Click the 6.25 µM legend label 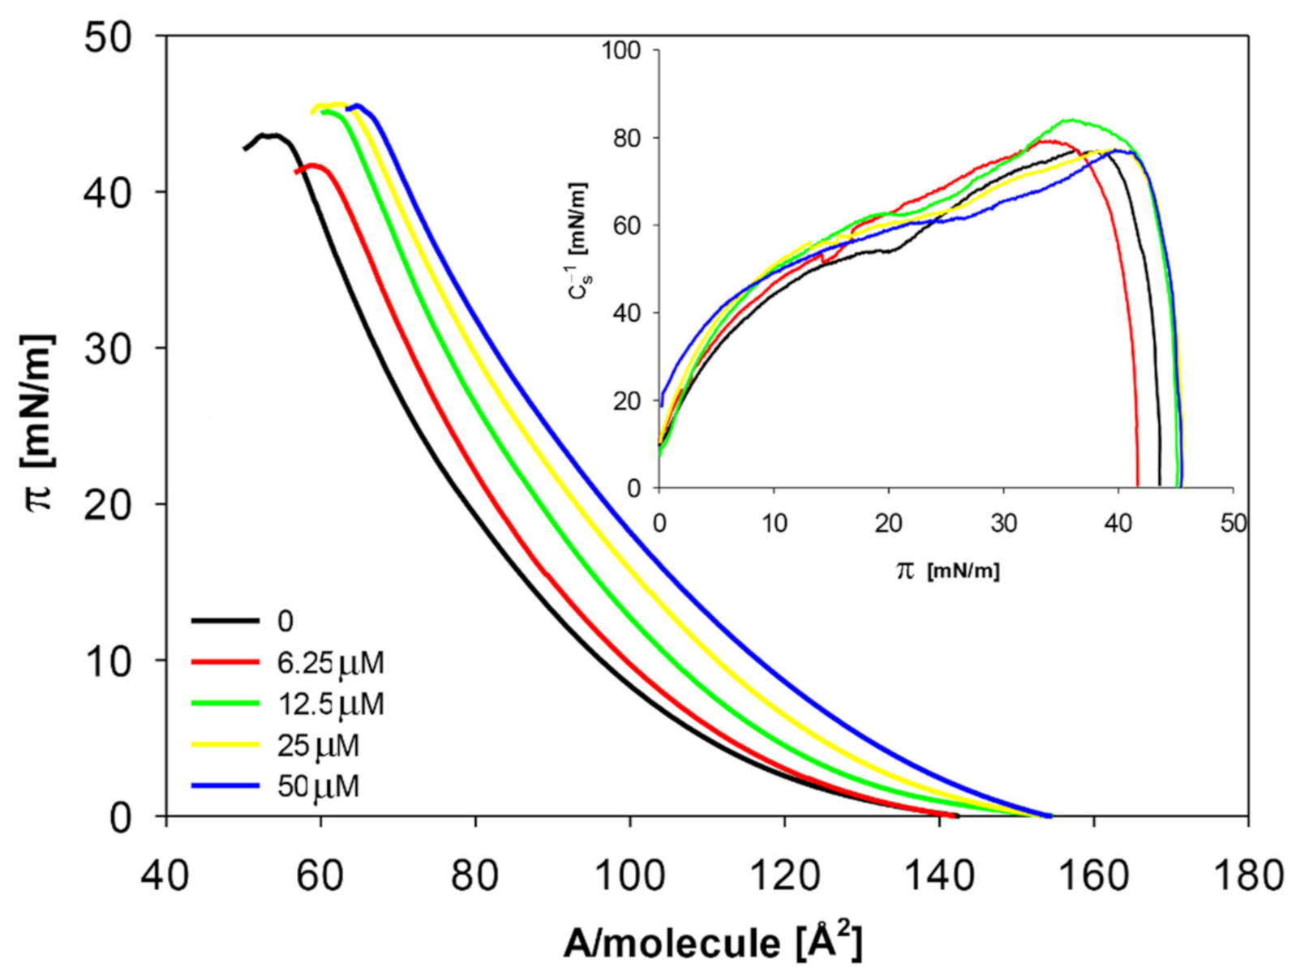coord(330,663)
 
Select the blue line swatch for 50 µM coord(225,786)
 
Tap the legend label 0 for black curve coord(285,621)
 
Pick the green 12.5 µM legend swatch coord(225,704)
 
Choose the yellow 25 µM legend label coord(318,745)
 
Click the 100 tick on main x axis coord(630,876)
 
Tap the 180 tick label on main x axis coord(1247,876)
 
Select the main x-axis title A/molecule coord(712,943)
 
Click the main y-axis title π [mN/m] coord(41,422)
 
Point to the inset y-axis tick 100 coord(620,51)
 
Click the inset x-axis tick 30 coord(1003,524)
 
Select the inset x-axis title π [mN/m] coord(947,571)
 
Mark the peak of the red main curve coord(312,165)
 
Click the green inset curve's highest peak coord(1072,120)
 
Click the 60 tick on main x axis coord(321,876)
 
